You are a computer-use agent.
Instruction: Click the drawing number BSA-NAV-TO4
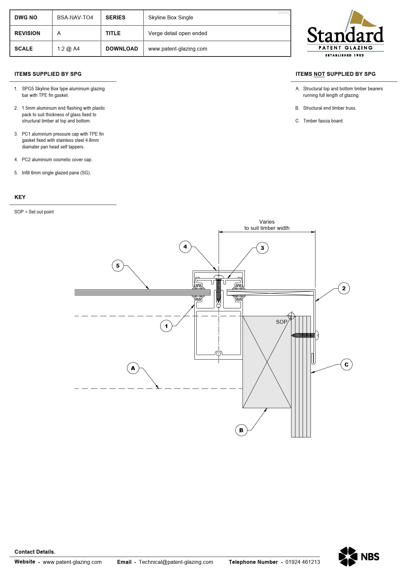tap(75, 17)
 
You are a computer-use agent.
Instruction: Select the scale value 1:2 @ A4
tap(68, 49)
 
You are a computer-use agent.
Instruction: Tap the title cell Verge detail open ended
tap(178, 33)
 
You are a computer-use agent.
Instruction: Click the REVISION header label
tap(27, 33)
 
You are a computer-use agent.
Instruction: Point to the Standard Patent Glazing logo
tap(345, 34)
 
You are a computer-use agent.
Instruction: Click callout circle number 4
tap(185, 247)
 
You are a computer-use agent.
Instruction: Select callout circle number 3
tap(262, 248)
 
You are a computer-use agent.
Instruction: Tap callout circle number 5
tap(118, 266)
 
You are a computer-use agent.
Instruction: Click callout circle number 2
tap(344, 288)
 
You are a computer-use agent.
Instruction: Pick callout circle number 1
tap(166, 326)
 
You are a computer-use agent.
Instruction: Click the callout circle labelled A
tap(133, 368)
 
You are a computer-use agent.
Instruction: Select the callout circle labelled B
tap(241, 430)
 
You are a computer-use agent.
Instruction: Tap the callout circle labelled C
tap(346, 365)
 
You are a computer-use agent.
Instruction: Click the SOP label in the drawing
tap(281, 322)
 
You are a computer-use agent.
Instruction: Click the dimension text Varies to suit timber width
tap(267, 225)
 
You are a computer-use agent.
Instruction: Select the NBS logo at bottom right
tap(359, 556)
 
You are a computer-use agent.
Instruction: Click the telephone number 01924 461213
tap(302, 562)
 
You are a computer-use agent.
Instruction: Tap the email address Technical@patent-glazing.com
tap(176, 562)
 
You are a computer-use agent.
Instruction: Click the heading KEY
tap(20, 197)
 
